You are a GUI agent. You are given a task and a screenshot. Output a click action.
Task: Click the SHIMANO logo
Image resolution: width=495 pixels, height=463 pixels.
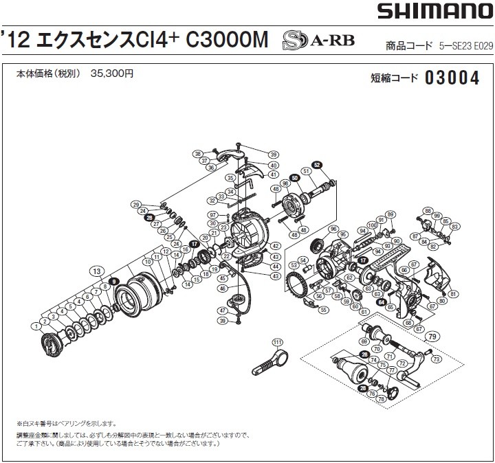coord(432,12)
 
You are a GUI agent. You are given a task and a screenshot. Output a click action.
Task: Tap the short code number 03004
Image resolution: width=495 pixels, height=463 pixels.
coord(452,78)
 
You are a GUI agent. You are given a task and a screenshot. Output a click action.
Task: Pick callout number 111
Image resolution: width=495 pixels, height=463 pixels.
coord(277,342)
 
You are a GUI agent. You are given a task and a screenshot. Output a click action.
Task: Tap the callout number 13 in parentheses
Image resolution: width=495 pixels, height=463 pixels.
coord(96,270)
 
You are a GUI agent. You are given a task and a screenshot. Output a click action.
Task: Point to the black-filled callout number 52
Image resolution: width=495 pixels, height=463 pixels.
coord(317,165)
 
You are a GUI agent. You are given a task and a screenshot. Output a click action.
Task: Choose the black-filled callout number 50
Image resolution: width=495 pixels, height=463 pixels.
coord(294,178)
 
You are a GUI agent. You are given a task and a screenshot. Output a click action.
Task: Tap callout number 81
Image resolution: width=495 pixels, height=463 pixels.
coord(452,294)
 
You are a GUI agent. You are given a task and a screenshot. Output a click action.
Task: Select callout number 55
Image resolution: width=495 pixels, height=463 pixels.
coord(324,309)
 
